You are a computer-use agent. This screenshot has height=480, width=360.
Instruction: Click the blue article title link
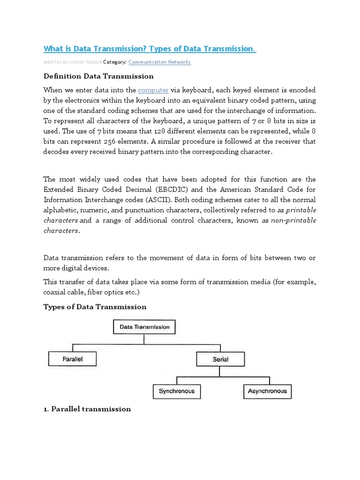point(150,49)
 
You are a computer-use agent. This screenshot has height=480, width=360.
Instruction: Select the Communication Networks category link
point(159,62)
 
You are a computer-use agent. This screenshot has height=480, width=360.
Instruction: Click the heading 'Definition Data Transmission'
point(98,76)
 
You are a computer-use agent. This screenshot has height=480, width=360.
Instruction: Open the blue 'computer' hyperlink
point(153,90)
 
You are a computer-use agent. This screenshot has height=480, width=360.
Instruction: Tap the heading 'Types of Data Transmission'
point(95,307)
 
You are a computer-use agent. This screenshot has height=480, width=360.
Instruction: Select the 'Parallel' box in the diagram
point(73,359)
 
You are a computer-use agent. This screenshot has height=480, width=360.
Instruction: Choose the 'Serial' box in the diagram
point(220,360)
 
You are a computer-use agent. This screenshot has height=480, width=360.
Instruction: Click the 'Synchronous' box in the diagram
point(177,391)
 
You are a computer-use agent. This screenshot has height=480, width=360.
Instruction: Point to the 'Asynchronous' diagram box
point(268,391)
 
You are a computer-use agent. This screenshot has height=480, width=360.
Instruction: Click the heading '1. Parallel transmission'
point(87,409)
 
